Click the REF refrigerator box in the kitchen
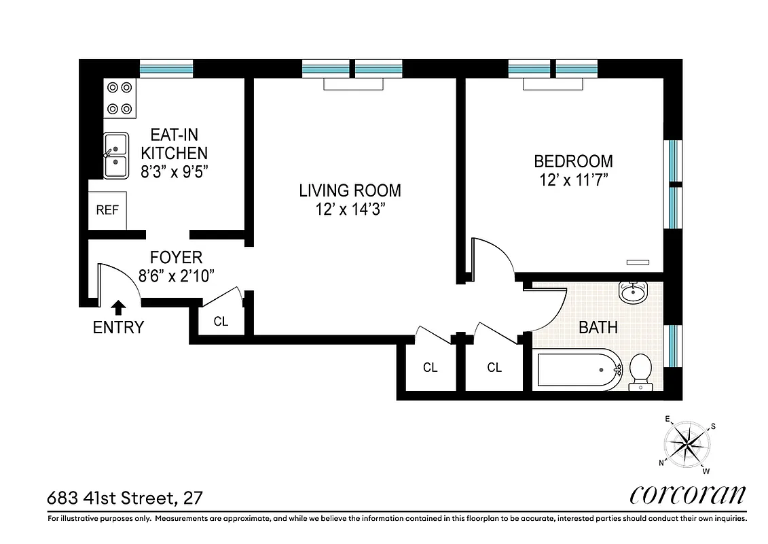[107, 210]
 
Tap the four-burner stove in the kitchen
[120, 98]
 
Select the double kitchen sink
[115, 154]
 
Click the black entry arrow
[119, 307]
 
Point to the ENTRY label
[118, 328]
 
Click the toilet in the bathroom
[639, 373]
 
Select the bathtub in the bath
[577, 371]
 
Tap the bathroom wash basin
[634, 293]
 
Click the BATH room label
[598, 327]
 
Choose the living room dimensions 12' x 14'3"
[350, 210]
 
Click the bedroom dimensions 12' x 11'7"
[573, 181]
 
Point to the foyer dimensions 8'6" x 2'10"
[176, 276]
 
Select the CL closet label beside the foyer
[221, 322]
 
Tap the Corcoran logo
[688, 494]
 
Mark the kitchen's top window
[166, 69]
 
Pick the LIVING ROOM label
[350, 191]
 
